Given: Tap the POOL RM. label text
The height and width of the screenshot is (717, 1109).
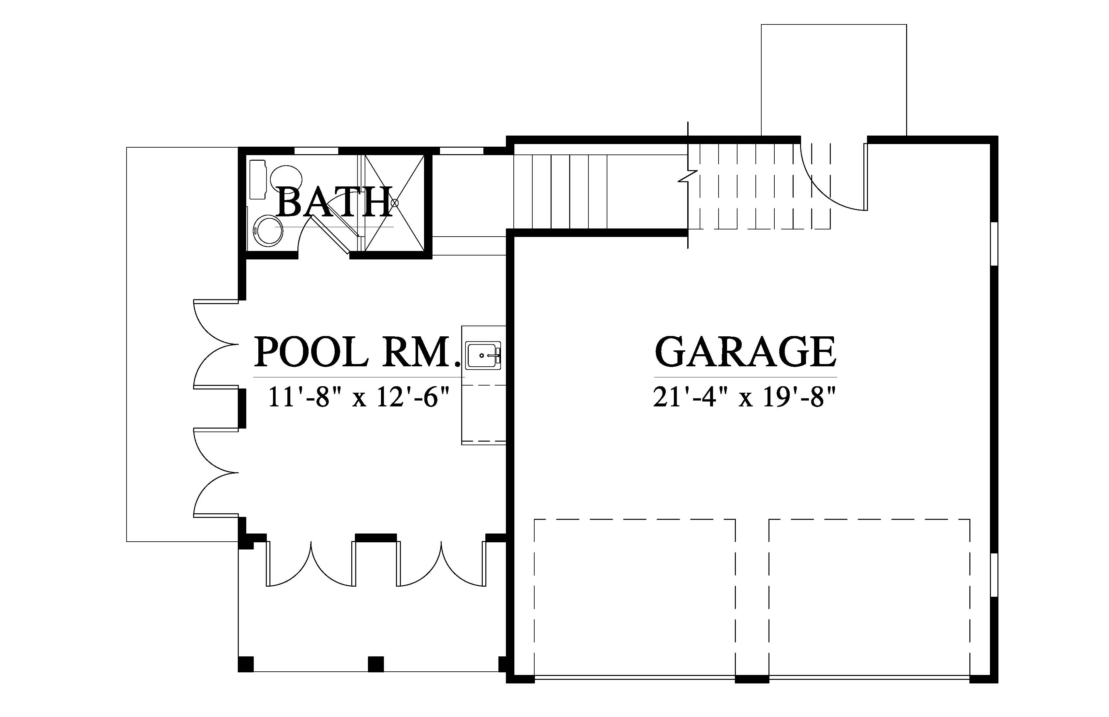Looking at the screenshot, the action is tap(355, 352).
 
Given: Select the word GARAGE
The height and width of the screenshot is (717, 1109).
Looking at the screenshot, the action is tap(746, 352).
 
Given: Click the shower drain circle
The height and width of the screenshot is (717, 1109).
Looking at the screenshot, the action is tap(395, 202).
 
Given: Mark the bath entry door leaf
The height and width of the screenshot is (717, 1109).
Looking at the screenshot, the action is tap(331, 235).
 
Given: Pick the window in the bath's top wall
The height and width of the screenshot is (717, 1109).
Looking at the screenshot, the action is tap(316, 150).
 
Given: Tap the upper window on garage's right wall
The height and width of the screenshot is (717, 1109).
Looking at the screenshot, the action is tap(994, 244).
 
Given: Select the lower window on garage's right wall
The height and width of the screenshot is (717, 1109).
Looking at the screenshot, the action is tap(994, 575).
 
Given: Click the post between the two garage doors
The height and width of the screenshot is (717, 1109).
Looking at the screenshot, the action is tap(752, 679).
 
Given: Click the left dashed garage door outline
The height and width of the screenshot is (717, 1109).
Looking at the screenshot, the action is tap(635, 597).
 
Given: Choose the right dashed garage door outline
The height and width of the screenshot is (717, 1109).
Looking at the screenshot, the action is tap(870, 597).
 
